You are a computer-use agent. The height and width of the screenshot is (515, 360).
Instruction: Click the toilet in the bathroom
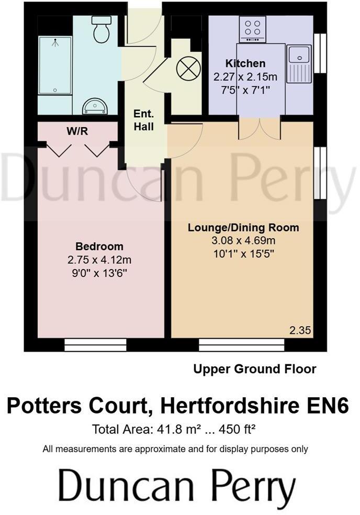point(100,30)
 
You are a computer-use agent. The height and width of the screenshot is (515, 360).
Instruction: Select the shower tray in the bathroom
point(54,65)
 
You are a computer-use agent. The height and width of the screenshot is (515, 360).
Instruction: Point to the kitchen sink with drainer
point(300,64)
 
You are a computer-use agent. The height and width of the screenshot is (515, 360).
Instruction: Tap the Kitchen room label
point(246,64)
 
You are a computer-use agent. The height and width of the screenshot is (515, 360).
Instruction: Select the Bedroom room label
point(99,247)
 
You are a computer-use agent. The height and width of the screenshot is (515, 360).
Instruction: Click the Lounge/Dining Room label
point(243,228)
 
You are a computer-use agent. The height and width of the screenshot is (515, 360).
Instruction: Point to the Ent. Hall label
point(143,120)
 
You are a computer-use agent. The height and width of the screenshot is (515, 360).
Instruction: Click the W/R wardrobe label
point(77,131)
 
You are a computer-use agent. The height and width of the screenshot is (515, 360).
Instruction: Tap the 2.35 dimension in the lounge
point(300,330)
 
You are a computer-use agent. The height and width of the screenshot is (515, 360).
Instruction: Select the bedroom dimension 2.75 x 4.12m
point(99,260)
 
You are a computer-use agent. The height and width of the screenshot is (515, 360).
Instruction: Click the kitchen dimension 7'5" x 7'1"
point(245,89)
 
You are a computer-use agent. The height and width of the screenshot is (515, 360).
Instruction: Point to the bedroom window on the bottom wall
point(96,344)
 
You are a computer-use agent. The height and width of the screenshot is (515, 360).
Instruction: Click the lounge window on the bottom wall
point(242,344)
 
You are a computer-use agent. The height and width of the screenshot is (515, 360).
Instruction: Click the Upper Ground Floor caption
point(255,369)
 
